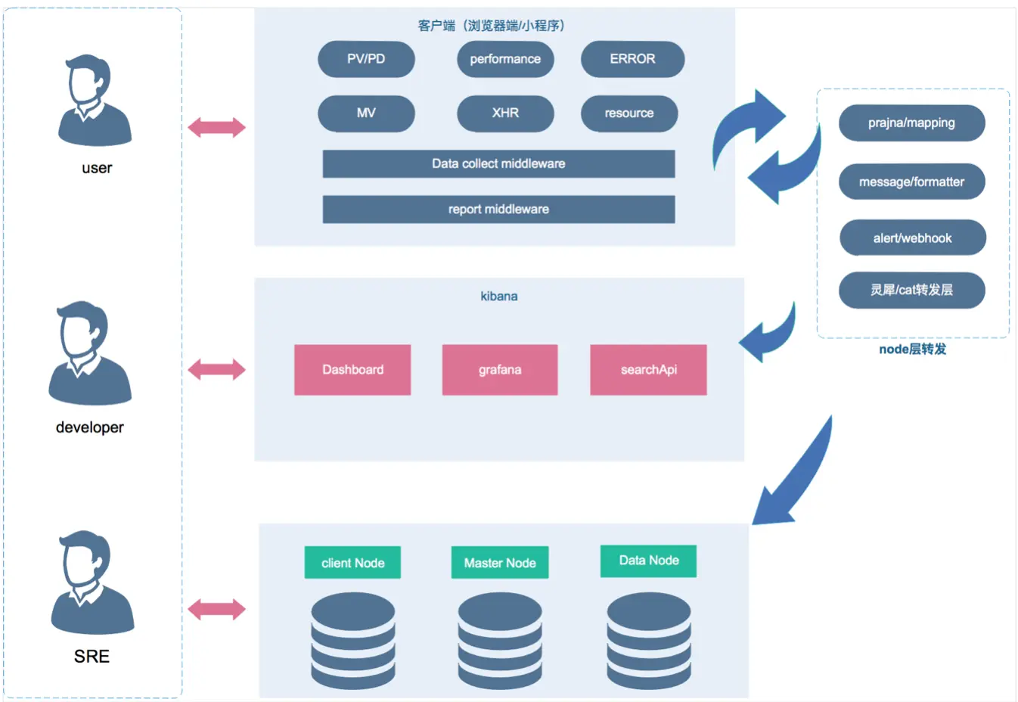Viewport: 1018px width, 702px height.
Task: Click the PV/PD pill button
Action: pyautogui.click(x=366, y=59)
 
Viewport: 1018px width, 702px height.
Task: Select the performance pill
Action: pyautogui.click(x=505, y=59)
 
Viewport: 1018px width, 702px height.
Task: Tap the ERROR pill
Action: pyautogui.click(x=632, y=59)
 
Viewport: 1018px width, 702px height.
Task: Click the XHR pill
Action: pyautogui.click(x=505, y=113)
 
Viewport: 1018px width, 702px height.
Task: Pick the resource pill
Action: pyautogui.click(x=629, y=113)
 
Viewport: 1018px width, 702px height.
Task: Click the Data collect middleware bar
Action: pyautogui.click(x=498, y=163)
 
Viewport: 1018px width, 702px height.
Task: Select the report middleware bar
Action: pyautogui.click(x=498, y=209)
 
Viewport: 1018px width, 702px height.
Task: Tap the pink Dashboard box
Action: pyautogui.click(x=352, y=370)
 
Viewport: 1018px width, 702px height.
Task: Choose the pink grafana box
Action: pyautogui.click(x=500, y=370)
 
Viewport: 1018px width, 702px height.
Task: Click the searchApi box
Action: pyautogui.click(x=648, y=370)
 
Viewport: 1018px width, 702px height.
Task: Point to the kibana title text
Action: pyautogui.click(x=499, y=297)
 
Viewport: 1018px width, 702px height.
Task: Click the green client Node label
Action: pyautogui.click(x=352, y=562)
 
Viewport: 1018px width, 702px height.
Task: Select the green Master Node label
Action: pyautogui.click(x=500, y=562)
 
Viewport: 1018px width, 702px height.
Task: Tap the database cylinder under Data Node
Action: pyautogui.click(x=649, y=641)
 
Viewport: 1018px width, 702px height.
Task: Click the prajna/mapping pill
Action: pyautogui.click(x=911, y=123)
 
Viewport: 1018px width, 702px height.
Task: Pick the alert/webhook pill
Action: pyautogui.click(x=913, y=238)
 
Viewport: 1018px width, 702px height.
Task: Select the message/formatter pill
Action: pyautogui.click(x=911, y=182)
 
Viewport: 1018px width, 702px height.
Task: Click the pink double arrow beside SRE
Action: pyautogui.click(x=217, y=610)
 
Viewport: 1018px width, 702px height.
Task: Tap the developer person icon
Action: pyautogui.click(x=90, y=353)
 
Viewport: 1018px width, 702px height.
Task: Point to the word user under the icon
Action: pyautogui.click(x=97, y=168)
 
